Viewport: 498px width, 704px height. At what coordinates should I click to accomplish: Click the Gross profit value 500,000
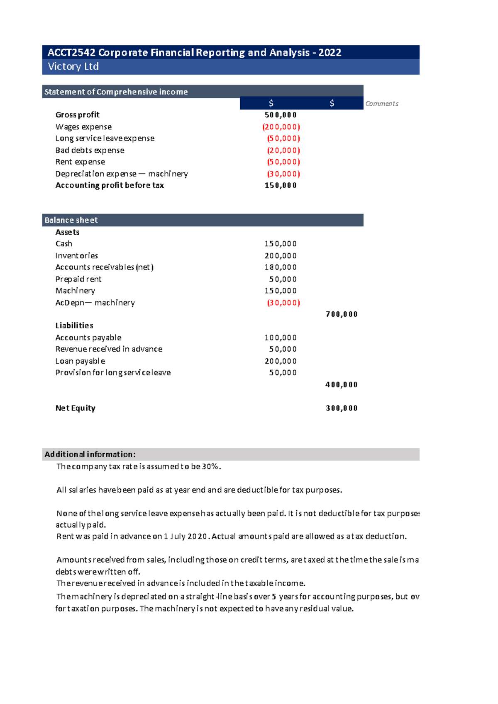click(x=281, y=115)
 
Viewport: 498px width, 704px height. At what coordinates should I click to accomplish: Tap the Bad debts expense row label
click(x=90, y=150)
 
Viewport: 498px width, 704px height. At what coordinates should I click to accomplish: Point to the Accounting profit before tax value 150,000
click(x=281, y=185)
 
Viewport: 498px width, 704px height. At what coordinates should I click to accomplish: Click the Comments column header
click(x=381, y=104)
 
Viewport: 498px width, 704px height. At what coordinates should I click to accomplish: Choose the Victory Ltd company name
click(x=73, y=66)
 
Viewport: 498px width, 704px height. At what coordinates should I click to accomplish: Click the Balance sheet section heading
click(x=71, y=220)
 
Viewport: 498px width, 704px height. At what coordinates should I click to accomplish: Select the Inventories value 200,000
click(x=281, y=256)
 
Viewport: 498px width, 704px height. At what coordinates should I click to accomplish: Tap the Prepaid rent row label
click(x=78, y=279)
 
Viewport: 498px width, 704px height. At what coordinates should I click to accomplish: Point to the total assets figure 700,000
click(x=342, y=314)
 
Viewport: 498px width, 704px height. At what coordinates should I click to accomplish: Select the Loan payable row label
click(x=80, y=361)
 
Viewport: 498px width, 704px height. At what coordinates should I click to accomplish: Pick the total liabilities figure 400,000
click(x=342, y=385)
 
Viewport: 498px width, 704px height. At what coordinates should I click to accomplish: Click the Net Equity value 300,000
click(x=342, y=408)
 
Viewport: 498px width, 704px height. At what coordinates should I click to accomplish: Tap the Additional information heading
click(x=90, y=454)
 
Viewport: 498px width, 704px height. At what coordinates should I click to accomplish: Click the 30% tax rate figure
click(x=210, y=466)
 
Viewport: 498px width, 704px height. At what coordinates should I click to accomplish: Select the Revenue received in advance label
click(x=109, y=349)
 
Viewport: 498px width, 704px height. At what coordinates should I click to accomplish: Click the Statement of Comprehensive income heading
click(x=116, y=92)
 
